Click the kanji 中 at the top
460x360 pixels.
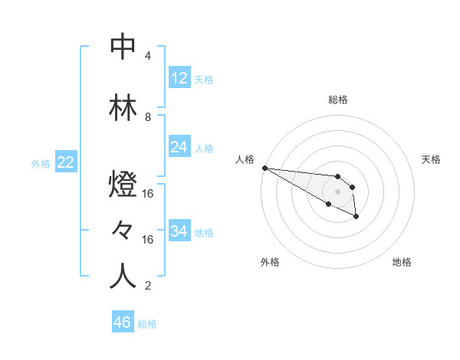(x=123, y=47)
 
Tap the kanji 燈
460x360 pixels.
(x=123, y=187)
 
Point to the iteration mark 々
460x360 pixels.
(x=123, y=231)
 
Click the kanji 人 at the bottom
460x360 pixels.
(x=123, y=277)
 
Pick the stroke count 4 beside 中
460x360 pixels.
(x=148, y=56)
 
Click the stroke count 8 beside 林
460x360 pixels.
(x=148, y=117)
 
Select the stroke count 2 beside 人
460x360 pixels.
(x=148, y=286)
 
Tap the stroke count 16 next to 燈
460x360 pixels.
(x=148, y=194)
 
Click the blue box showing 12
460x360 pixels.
(x=179, y=78)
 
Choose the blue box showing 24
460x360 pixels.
(x=179, y=147)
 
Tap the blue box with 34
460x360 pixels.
(x=179, y=231)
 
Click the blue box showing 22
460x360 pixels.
(x=66, y=162)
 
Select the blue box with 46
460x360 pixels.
(x=123, y=322)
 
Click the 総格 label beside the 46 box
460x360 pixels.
(x=147, y=324)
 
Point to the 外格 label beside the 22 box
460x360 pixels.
(x=41, y=163)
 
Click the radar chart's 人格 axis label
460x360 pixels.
(x=245, y=159)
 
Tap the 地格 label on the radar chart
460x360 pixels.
(x=402, y=262)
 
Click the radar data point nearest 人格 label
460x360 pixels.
(x=264, y=168)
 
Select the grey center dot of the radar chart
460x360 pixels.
(x=337, y=191)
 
